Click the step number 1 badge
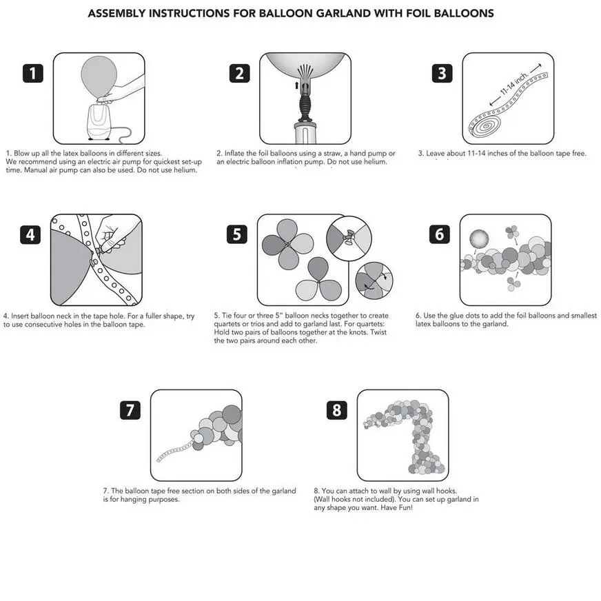pyautogui.click(x=34, y=73)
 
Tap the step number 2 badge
pyautogui.click(x=238, y=73)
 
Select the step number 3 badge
pyautogui.click(x=442, y=73)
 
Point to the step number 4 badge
pyautogui.click(x=30, y=234)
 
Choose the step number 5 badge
pyautogui.click(x=236, y=234)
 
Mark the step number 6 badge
pyautogui.click(x=440, y=234)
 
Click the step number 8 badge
pyautogui.click(x=336, y=410)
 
